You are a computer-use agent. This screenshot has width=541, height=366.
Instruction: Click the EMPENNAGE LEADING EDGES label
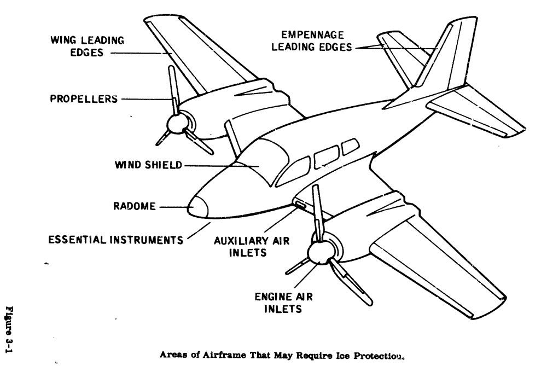[x=310, y=42]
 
